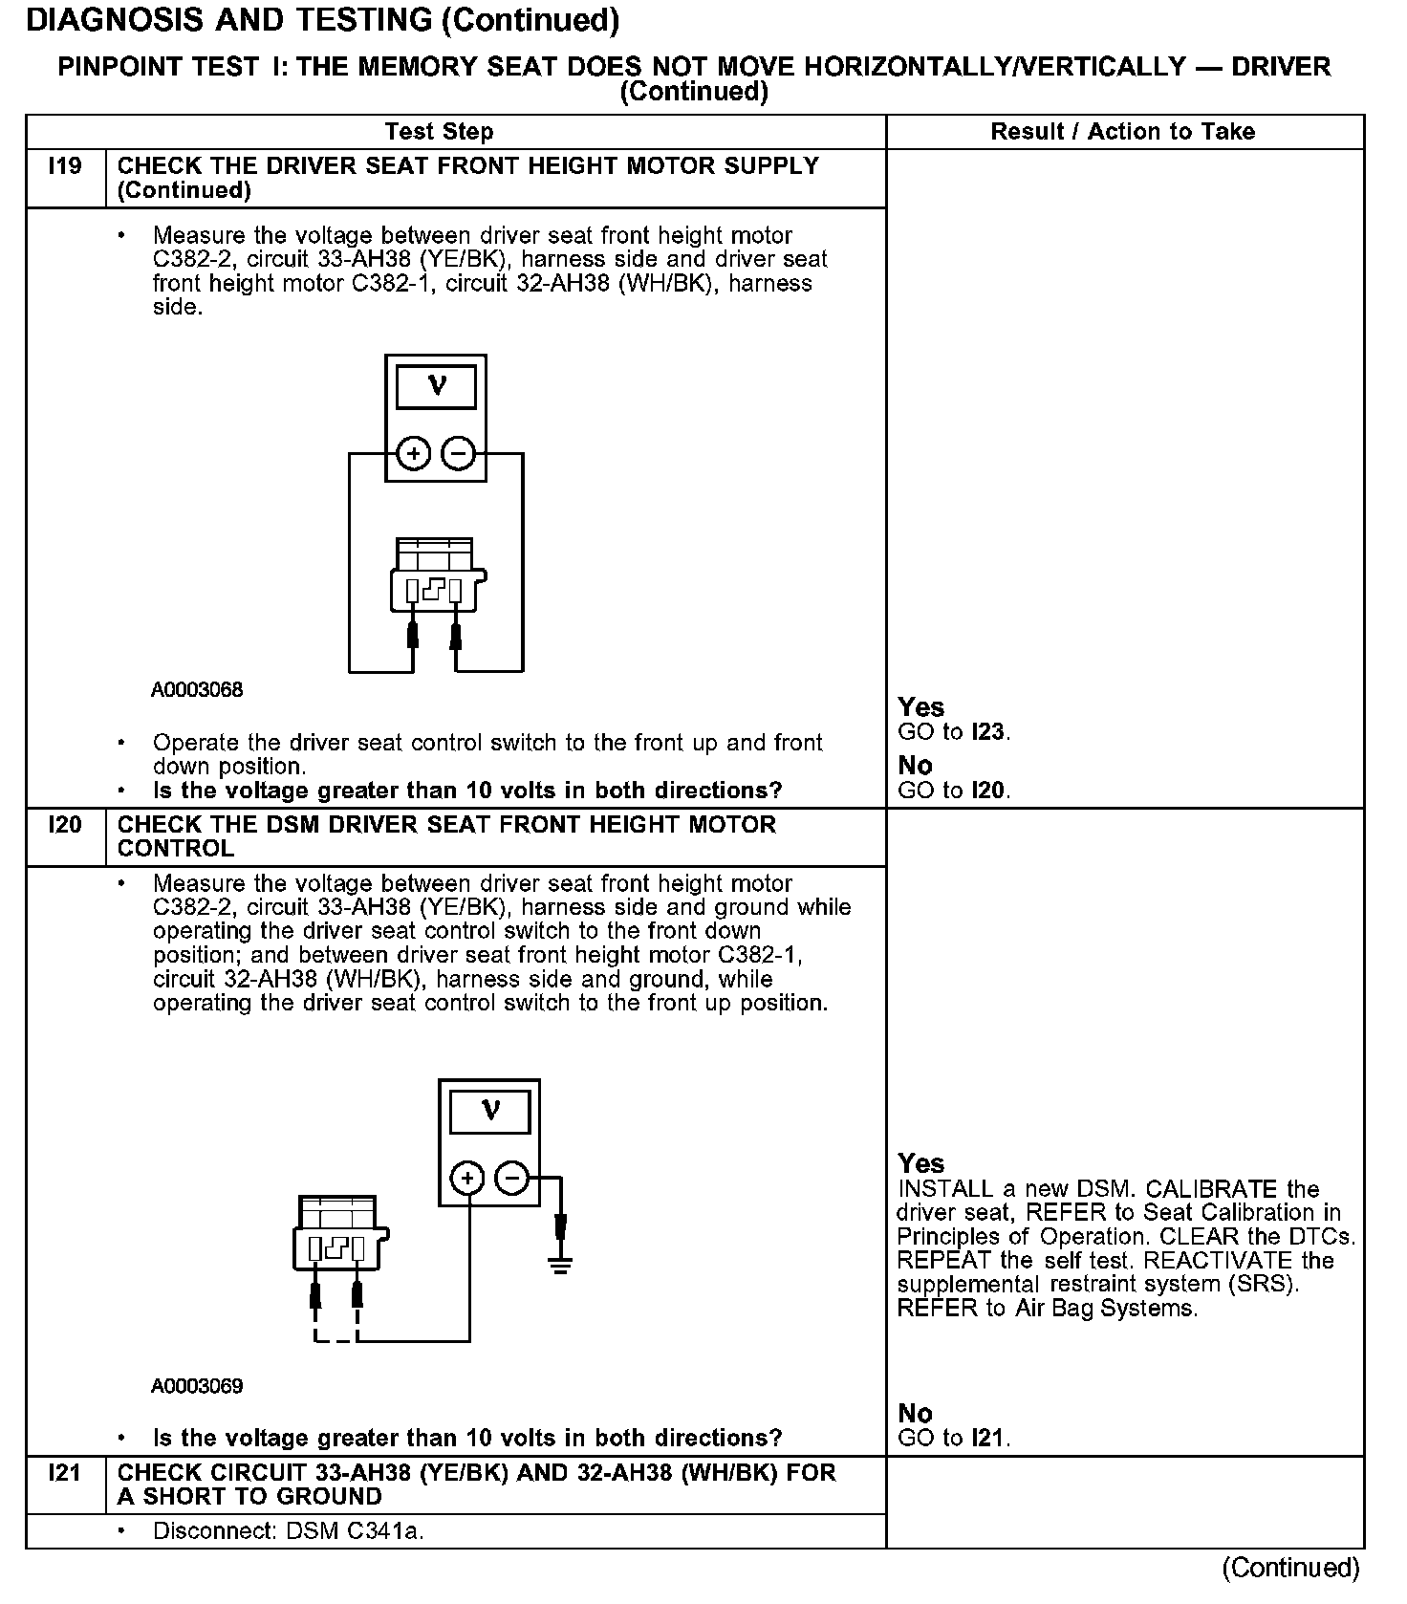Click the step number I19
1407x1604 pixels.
(x=65, y=166)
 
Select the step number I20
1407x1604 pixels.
(x=65, y=825)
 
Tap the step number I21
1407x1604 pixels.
(x=65, y=1473)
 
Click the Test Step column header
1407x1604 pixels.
(x=439, y=132)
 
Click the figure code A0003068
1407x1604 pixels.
(x=197, y=690)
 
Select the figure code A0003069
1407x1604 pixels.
(x=197, y=1386)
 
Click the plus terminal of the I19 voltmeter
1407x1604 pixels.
(x=413, y=453)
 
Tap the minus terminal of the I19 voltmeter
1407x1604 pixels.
(x=460, y=453)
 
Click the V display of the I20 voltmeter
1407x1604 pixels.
(x=489, y=1111)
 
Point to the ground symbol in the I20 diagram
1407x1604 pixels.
(x=560, y=1267)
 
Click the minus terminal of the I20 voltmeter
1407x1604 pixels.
(x=513, y=1179)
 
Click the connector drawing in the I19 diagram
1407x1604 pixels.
(x=437, y=576)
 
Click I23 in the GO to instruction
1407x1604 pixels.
(x=988, y=733)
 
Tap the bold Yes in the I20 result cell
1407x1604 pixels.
(x=920, y=1163)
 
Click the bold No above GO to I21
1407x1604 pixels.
(x=915, y=1413)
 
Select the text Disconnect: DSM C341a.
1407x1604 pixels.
(x=288, y=1531)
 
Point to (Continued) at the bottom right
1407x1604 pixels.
(x=1289, y=1569)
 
